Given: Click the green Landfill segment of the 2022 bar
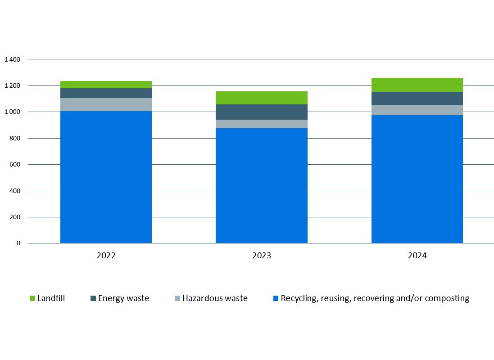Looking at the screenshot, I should click(106, 85).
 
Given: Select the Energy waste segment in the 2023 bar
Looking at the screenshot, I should click(261, 112).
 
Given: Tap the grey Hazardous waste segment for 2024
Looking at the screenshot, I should click(417, 110).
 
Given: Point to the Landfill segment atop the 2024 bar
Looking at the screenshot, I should click(417, 85).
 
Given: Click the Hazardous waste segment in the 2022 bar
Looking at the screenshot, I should click(106, 104).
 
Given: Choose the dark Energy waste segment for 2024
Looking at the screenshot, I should click(417, 98).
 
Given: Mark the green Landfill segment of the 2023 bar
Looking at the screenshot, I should click(261, 98).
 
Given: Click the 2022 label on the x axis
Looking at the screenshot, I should click(106, 256).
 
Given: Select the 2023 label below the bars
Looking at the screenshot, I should click(261, 256).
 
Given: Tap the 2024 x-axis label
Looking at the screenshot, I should click(417, 256).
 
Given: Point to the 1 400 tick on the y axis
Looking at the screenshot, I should click(12, 59).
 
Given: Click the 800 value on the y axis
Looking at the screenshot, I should click(15, 138).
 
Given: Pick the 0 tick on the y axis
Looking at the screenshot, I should click(18, 243).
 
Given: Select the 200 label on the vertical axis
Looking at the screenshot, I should click(15, 217).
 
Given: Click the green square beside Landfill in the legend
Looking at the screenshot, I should click(32, 298).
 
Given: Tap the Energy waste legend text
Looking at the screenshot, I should click(123, 298).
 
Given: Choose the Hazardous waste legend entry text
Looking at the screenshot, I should click(215, 298).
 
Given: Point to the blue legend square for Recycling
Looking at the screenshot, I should click(276, 298).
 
